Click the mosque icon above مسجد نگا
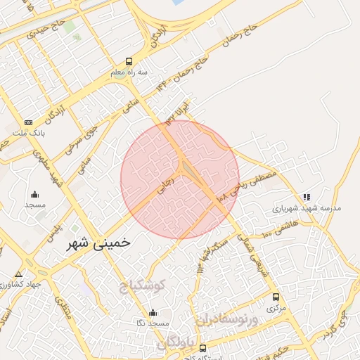[153, 312]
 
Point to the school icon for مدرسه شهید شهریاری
[306, 198]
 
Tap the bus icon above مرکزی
[276, 297]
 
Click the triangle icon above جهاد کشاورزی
[18, 274]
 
